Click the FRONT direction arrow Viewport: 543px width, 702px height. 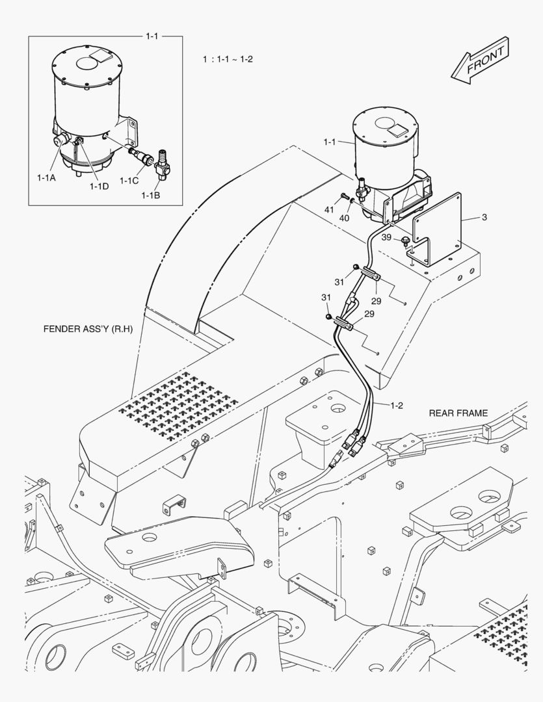tap(482, 60)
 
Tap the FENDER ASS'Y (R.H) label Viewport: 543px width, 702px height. tap(88, 329)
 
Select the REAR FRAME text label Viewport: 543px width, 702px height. tap(458, 413)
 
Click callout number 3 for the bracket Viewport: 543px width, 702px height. tap(484, 218)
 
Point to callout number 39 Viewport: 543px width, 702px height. tap(386, 237)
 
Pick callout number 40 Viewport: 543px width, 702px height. tap(344, 218)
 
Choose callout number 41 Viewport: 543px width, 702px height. tap(329, 210)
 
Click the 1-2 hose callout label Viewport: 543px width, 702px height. tap(396, 406)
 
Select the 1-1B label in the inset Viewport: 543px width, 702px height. tap(153, 194)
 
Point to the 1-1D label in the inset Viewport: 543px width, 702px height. tap(99, 187)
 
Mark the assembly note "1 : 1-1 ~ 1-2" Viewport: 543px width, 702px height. tap(228, 59)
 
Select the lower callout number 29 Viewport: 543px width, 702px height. tap(369, 314)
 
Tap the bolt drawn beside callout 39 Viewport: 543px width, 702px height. tap(406, 242)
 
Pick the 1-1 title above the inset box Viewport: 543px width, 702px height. tap(152, 36)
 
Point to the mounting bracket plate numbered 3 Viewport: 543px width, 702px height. tap(437, 224)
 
